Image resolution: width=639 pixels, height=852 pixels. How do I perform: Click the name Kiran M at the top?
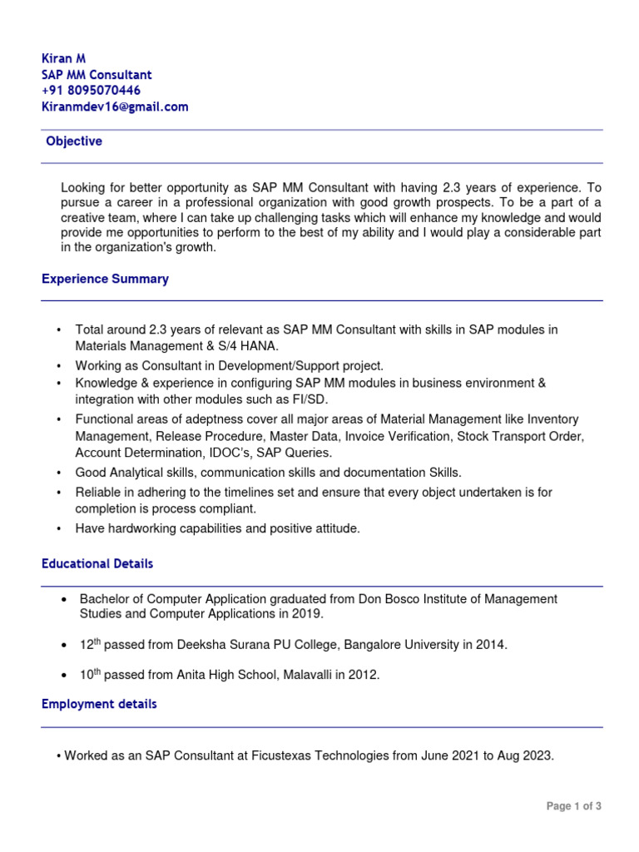point(64,58)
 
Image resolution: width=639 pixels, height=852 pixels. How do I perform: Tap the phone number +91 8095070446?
point(91,91)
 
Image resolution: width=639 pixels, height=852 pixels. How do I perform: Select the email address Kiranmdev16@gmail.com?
point(115,106)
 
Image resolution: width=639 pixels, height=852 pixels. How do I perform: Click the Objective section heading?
point(74,141)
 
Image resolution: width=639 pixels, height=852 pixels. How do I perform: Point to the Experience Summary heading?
point(105,279)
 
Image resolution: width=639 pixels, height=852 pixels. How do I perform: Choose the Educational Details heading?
point(97,563)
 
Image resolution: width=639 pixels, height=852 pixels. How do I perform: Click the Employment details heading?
point(99,704)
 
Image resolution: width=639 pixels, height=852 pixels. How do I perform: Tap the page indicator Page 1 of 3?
point(573,806)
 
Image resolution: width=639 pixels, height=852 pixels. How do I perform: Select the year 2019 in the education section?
point(305,614)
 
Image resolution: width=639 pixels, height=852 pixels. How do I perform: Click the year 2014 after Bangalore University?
point(489,645)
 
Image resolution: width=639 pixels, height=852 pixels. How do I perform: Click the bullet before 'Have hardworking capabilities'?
point(58,529)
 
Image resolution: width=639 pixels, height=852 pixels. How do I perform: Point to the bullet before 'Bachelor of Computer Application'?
point(64,600)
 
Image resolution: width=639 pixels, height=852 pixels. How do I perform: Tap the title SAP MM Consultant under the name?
point(97,75)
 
